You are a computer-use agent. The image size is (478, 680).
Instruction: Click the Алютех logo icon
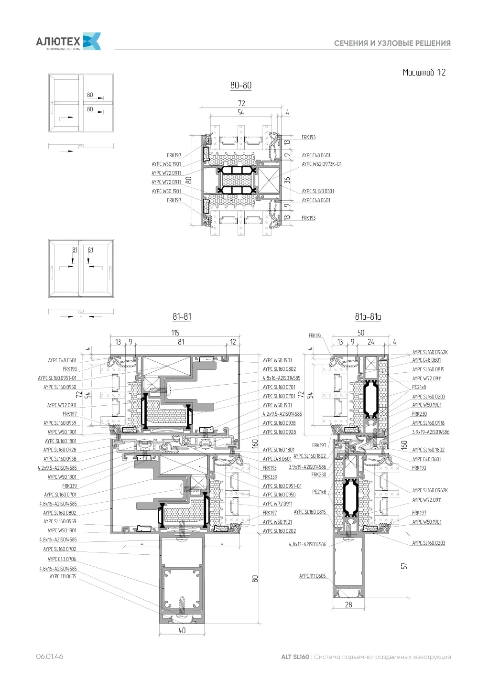tap(92, 41)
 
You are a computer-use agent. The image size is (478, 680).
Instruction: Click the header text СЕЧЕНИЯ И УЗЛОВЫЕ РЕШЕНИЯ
tap(392, 43)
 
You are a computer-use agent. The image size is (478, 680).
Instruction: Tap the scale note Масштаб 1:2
tap(424, 72)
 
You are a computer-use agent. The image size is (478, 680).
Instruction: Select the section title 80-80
tap(241, 86)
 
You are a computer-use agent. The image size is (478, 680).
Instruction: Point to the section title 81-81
tap(182, 317)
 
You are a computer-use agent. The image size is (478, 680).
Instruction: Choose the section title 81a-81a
tap(368, 317)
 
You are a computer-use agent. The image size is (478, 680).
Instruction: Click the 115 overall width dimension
tap(175, 333)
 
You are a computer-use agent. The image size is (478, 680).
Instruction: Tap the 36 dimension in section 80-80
tap(287, 180)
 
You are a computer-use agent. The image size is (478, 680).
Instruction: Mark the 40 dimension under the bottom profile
tap(182, 630)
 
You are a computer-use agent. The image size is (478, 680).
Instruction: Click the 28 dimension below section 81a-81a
tap(348, 604)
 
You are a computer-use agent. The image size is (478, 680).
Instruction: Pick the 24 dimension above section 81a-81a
tap(371, 342)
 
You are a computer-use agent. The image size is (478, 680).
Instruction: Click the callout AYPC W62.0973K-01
tap(322, 164)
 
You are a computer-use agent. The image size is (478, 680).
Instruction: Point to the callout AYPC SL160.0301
tap(318, 191)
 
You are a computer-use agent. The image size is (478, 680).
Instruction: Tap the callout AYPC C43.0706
tap(62, 559)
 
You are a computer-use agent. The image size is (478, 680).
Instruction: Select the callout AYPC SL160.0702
tap(60, 549)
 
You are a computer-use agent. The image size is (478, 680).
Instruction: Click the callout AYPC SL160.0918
tap(428, 423)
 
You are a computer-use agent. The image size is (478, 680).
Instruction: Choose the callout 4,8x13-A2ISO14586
tap(308, 545)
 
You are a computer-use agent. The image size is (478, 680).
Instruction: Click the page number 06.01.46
tap(50, 657)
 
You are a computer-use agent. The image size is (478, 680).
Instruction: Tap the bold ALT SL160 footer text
tap(295, 657)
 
